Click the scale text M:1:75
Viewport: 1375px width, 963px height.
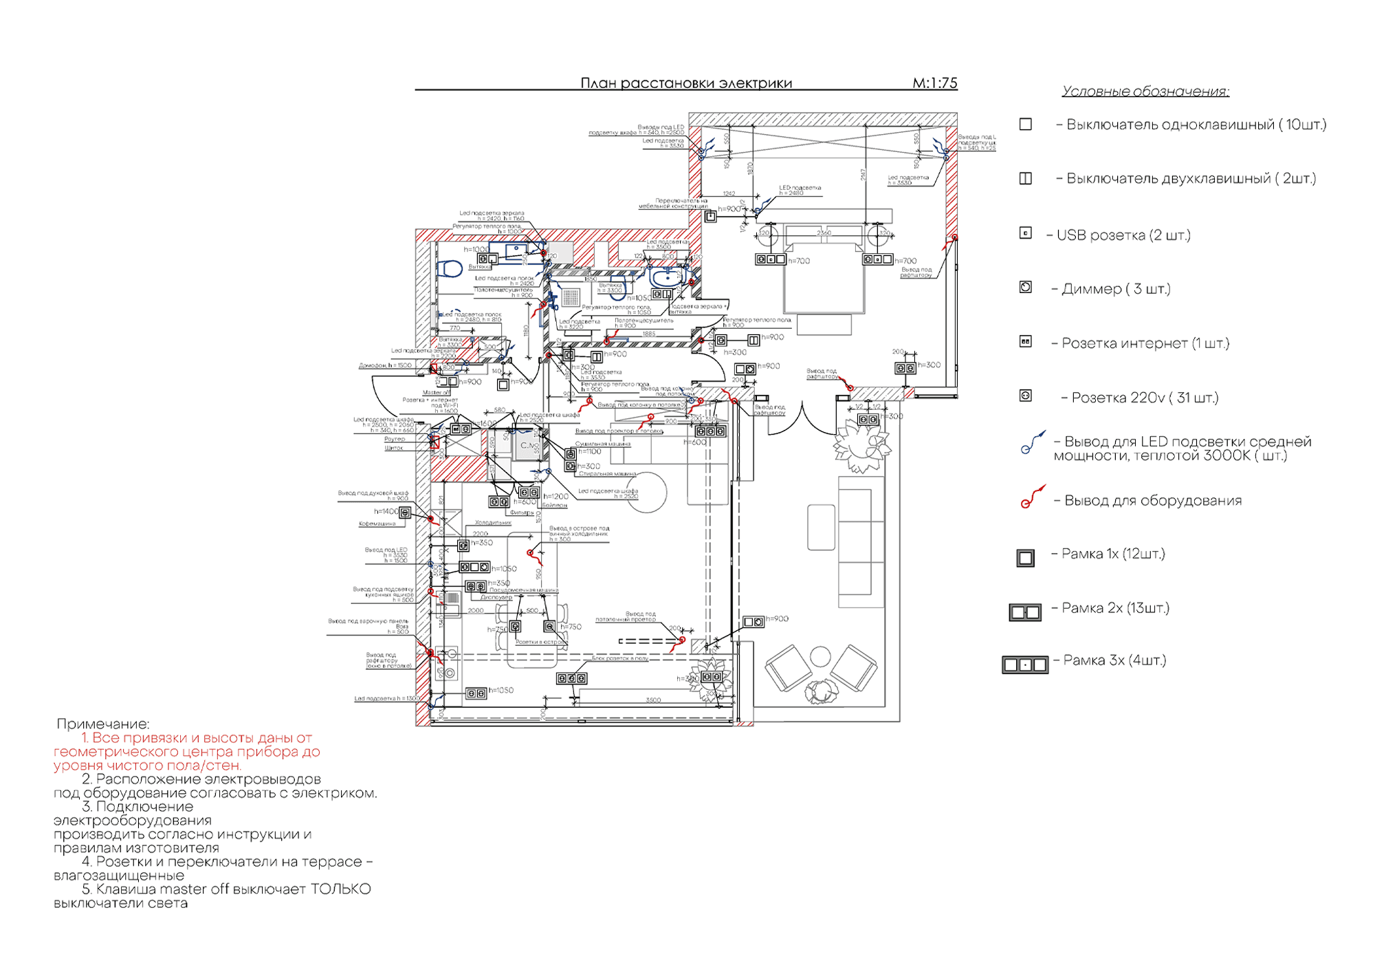click(934, 83)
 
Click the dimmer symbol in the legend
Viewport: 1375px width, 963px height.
click(1025, 288)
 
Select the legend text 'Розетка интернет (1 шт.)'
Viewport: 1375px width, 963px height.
click(1145, 343)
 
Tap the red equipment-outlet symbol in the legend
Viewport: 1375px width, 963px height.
click(1031, 497)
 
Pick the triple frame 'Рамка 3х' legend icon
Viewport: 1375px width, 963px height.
click(1024, 664)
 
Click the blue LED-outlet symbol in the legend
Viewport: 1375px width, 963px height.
click(1032, 443)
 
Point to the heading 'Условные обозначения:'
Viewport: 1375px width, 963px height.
click(1145, 91)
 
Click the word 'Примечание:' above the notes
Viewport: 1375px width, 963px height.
click(103, 724)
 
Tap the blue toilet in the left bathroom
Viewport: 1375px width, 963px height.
click(450, 268)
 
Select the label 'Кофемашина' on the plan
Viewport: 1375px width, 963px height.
click(377, 524)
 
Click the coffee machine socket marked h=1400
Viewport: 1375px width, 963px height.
click(405, 512)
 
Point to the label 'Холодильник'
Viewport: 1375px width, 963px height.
click(493, 523)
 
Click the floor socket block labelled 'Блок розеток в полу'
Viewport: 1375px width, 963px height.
click(571, 679)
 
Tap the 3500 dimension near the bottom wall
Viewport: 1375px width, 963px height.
click(653, 700)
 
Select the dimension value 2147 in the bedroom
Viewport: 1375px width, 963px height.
click(863, 175)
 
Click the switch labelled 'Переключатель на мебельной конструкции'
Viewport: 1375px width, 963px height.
click(711, 217)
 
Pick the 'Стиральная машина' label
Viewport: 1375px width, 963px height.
click(608, 474)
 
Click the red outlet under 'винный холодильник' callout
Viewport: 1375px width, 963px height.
click(530, 552)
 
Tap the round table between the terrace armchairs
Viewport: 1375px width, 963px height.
click(819, 657)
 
